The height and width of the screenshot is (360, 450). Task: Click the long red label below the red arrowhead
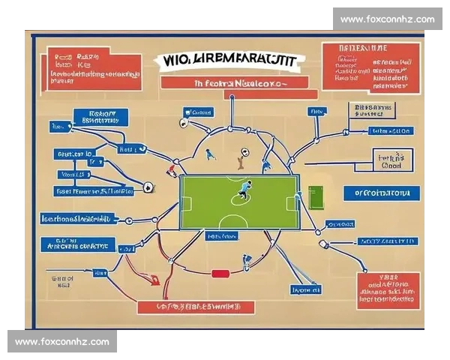[x=196, y=307]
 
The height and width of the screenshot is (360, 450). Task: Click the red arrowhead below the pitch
[x=154, y=280]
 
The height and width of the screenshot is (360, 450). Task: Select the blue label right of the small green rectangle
[x=383, y=193]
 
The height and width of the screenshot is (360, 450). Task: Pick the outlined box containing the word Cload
[x=393, y=162]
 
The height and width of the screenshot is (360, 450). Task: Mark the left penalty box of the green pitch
[x=187, y=203]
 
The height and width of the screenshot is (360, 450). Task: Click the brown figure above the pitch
[x=241, y=156]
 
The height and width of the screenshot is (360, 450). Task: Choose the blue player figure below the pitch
[x=246, y=262]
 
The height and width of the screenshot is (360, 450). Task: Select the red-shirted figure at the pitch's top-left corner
[x=172, y=172]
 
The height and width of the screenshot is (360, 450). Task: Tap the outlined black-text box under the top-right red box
[x=372, y=112]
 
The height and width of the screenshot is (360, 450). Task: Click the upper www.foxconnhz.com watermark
[x=387, y=19]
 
